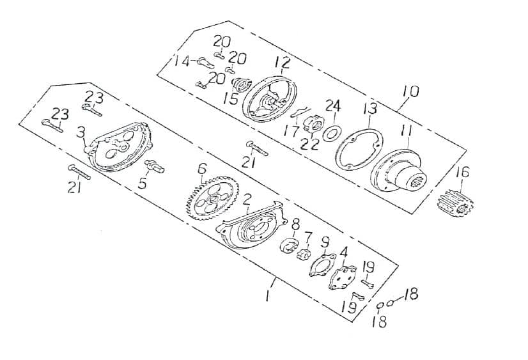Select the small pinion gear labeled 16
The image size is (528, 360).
tap(455, 203)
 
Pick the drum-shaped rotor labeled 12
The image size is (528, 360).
tap(270, 100)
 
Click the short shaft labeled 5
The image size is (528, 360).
tap(155, 166)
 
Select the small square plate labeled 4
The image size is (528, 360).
tap(343, 278)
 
